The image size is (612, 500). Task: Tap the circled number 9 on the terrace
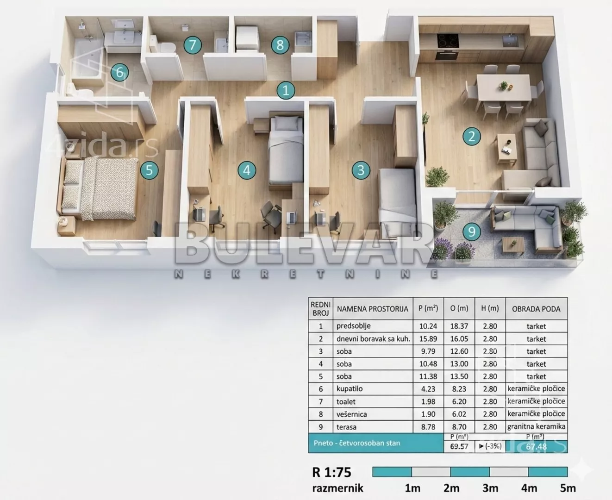click(472, 231)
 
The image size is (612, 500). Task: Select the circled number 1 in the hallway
click(286, 90)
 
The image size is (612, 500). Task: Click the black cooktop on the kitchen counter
click(448, 41)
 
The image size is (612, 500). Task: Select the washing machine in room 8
click(246, 38)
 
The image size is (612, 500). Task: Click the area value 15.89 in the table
click(428, 338)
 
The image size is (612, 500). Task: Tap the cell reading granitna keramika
click(536, 426)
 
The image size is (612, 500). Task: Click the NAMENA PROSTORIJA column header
click(373, 309)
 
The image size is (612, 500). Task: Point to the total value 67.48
click(536, 446)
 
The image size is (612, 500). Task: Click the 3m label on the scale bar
click(490, 488)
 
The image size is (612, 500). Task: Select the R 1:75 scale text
click(331, 472)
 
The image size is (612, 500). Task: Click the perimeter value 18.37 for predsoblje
click(459, 326)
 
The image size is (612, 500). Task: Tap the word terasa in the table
click(346, 427)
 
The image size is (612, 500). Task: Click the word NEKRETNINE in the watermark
click(306, 274)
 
